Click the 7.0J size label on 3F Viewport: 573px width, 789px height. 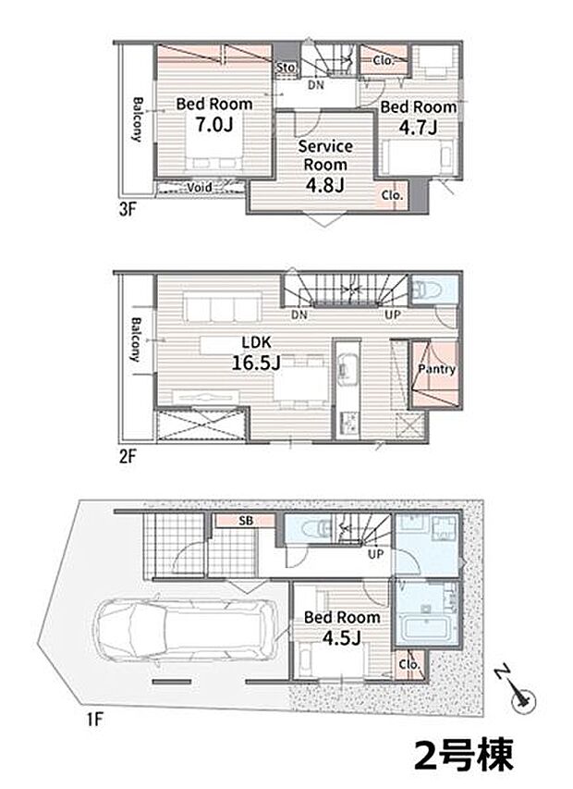click(214, 124)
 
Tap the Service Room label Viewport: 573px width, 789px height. click(325, 155)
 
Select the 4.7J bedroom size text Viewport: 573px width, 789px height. click(418, 128)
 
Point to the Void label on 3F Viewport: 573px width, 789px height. click(200, 188)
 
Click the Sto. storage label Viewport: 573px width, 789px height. click(286, 67)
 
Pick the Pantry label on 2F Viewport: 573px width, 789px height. click(437, 369)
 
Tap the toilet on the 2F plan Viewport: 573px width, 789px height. click(426, 290)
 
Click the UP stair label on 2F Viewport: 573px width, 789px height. click(393, 314)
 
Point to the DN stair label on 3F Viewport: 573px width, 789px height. click(316, 85)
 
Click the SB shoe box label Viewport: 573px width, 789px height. click(246, 521)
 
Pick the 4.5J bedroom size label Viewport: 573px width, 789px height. click(342, 638)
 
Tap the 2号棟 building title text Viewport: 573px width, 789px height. click(464, 755)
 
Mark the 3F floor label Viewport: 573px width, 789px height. click(128, 209)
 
